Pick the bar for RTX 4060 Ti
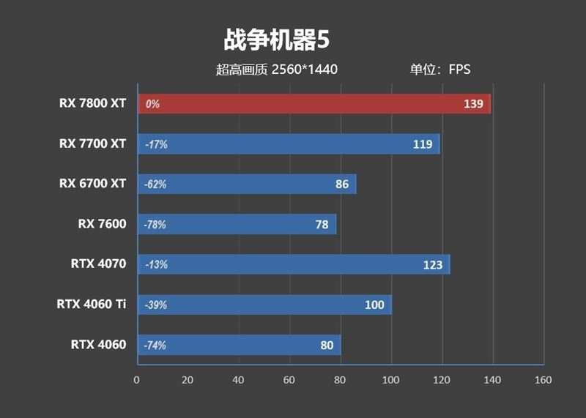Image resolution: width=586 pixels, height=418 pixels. click(x=264, y=305)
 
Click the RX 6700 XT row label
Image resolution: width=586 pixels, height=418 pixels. click(x=92, y=184)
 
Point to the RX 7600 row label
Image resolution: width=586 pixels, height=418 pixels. click(x=102, y=224)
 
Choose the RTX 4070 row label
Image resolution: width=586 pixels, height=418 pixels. click(x=98, y=264)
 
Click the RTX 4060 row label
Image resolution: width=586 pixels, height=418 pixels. click(x=98, y=344)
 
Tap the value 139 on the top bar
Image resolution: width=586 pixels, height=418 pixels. click(x=473, y=104)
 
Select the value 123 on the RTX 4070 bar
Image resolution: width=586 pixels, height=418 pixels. click(x=433, y=264)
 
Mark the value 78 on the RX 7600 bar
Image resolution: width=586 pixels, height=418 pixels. click(x=322, y=225)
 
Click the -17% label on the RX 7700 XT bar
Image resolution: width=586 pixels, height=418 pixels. click(x=156, y=145)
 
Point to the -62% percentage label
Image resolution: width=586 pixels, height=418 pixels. click(x=156, y=184)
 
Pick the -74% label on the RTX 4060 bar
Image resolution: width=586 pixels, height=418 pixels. click(x=156, y=345)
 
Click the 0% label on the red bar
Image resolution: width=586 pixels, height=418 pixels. click(x=152, y=105)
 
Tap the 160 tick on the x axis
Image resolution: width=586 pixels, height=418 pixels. click(x=543, y=380)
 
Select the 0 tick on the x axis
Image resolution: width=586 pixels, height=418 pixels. click(x=136, y=380)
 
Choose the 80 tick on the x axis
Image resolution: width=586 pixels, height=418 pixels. click(x=340, y=380)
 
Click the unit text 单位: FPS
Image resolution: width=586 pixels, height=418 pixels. click(x=439, y=70)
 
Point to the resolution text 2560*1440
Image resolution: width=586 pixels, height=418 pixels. click(x=304, y=70)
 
